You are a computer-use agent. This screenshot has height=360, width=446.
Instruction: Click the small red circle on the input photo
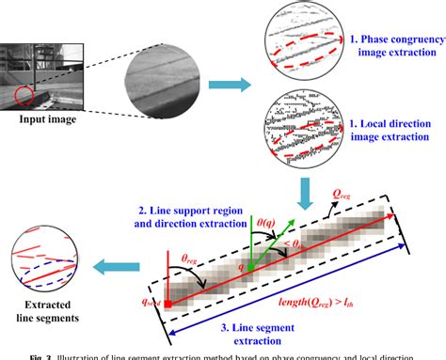coord(23,94)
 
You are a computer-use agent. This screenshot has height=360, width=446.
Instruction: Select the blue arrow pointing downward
coord(303,191)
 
